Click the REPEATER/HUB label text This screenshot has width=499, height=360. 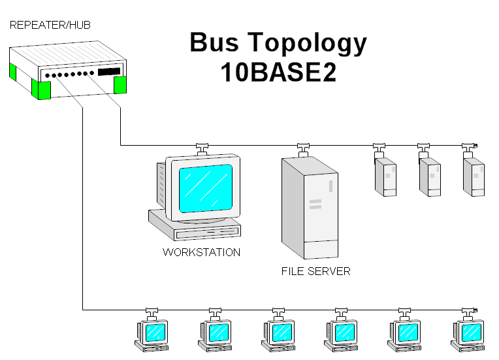50,25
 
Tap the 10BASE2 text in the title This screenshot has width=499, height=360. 278,72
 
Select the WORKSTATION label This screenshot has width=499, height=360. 201,252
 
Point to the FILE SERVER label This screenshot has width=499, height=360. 315,271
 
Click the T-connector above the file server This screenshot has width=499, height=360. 302,148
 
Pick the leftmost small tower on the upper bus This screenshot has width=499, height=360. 385,177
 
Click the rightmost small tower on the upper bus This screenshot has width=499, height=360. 474,177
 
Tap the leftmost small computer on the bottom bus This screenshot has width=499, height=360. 153,333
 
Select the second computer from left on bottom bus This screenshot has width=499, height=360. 216,333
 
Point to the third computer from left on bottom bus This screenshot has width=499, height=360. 280,333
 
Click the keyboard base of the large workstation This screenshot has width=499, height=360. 194,226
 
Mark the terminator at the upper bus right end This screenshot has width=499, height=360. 477,144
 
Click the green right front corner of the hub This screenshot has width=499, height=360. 120,85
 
